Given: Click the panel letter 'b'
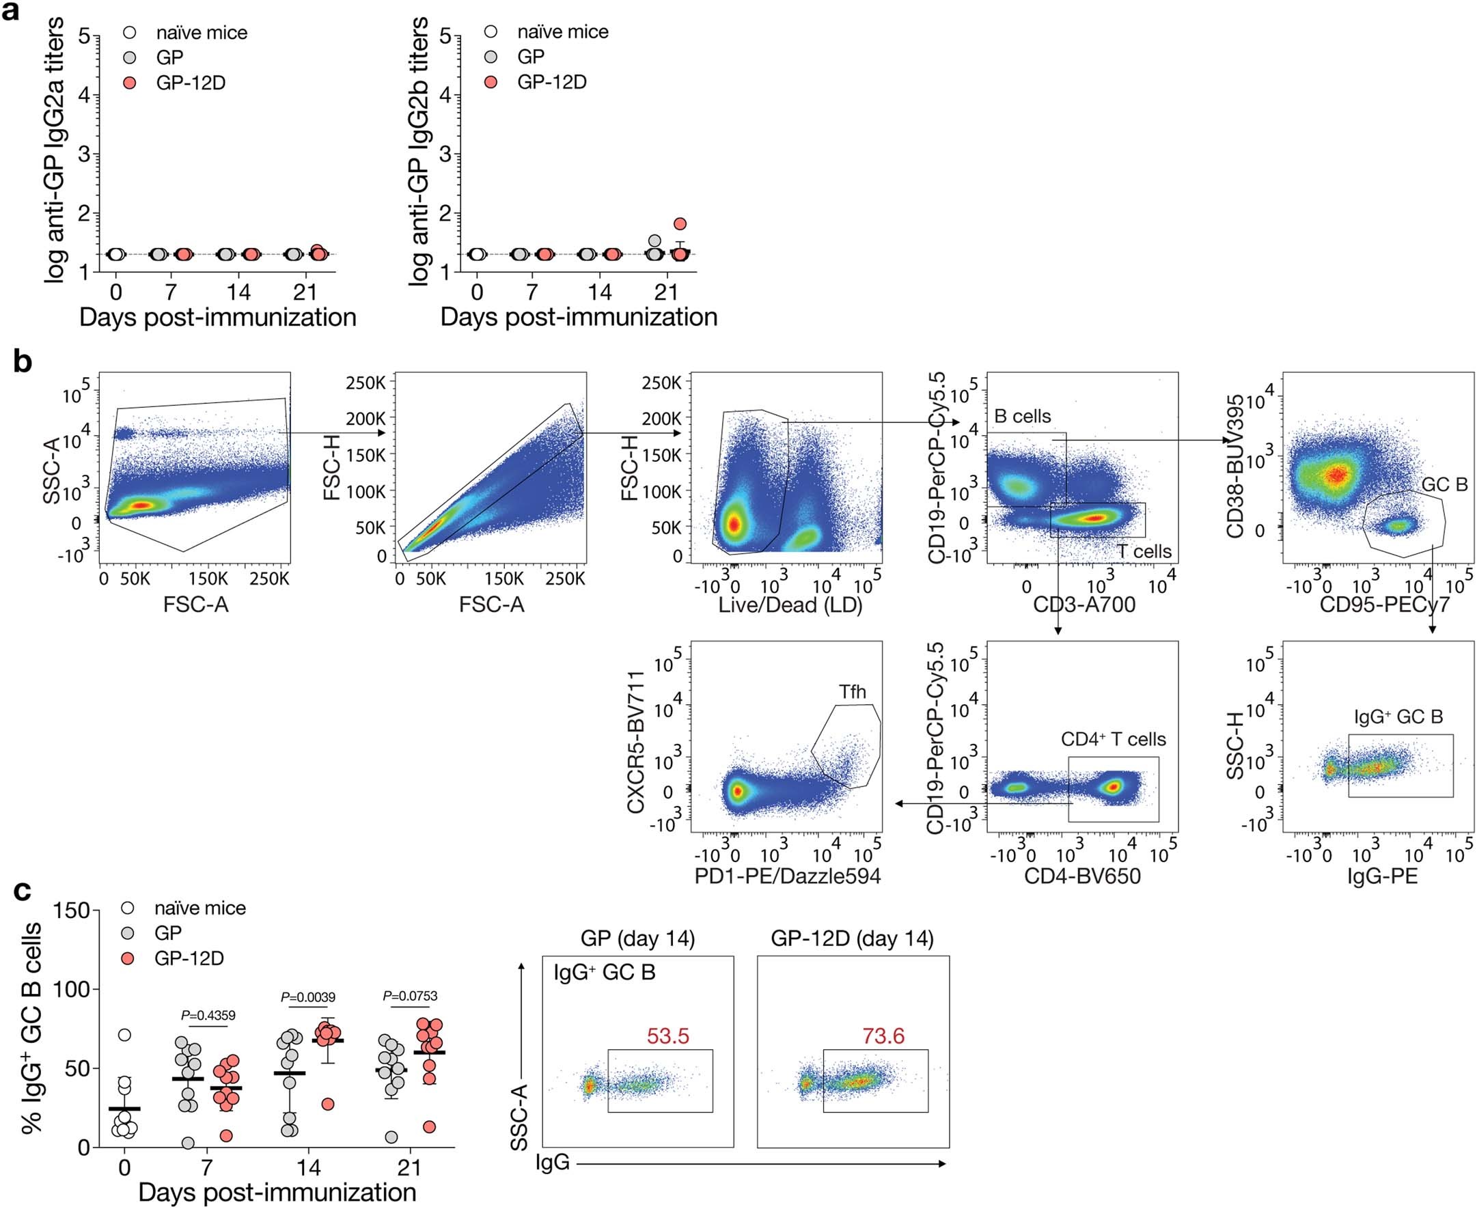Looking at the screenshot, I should pos(23,362).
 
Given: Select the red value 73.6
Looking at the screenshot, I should pos(883,1037).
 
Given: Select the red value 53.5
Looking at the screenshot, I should pos(668,1037).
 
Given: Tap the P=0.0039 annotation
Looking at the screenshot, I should pos(308,997).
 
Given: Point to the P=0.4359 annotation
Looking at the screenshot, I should pos(208,1016).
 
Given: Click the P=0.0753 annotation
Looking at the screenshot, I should pos(410,996).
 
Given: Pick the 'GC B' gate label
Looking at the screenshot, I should pos(1444,486).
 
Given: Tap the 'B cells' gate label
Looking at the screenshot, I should pos(1022,417).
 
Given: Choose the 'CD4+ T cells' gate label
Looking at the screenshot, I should pos(1113,739).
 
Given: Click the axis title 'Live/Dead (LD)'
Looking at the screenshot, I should pos(790,605).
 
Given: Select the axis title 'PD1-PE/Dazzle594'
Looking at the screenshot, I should pos(788,877).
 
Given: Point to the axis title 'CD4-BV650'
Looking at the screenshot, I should pos(1082,877).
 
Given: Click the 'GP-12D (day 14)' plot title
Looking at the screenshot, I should pos(852,939).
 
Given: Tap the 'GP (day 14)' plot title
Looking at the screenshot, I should pos(637,939).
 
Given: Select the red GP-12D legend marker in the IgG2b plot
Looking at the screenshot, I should pos(492,82).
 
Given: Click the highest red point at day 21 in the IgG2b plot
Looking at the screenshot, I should pos(680,223).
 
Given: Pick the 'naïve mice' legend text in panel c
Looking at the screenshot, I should pos(200,908).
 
